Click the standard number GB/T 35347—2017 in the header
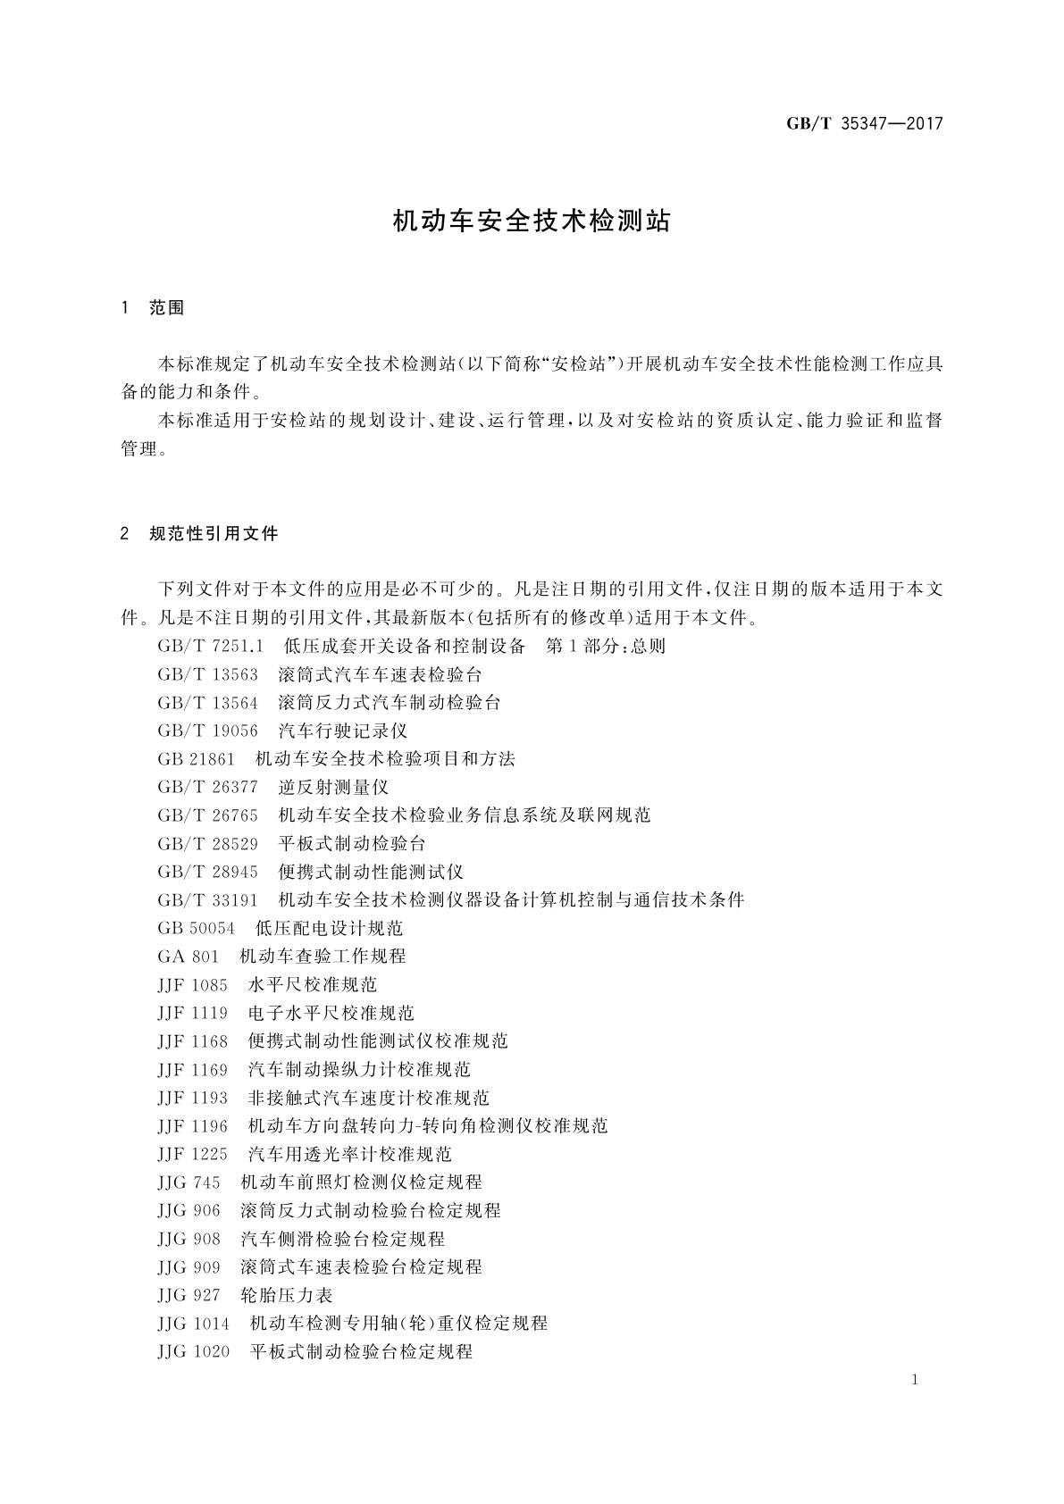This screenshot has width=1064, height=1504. click(x=864, y=124)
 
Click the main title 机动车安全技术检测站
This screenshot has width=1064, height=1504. click(x=532, y=221)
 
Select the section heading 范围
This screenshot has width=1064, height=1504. click(x=167, y=308)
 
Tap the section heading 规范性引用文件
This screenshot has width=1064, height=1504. click(x=214, y=534)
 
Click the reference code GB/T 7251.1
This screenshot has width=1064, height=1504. click(x=211, y=646)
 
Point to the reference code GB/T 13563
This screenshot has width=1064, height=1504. click(x=207, y=674)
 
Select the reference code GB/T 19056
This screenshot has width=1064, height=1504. click(x=207, y=731)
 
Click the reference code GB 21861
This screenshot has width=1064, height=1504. click(x=196, y=759)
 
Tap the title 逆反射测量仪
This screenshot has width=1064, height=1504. click(x=334, y=787)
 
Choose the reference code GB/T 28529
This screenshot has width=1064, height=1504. click(x=207, y=843)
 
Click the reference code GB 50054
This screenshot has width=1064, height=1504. click(x=196, y=928)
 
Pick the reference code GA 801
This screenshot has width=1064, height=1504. click(x=188, y=957)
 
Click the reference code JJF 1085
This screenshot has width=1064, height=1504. click(x=192, y=984)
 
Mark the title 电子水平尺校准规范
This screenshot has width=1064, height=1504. click(x=331, y=1013)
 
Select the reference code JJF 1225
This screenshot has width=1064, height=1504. click(x=192, y=1154)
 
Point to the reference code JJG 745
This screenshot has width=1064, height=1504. click(x=189, y=1182)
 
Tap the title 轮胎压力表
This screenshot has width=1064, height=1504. click(x=287, y=1295)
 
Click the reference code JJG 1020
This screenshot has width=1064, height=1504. click(x=193, y=1351)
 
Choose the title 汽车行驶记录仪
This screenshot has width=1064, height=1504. click(x=343, y=731)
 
